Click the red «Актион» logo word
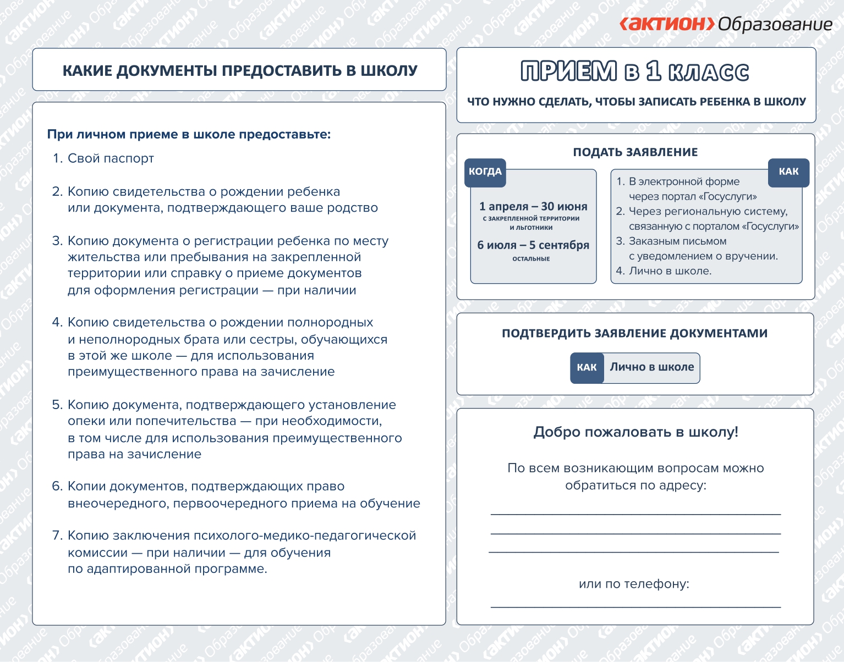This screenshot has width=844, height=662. point(667,24)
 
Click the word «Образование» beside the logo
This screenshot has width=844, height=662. point(775,25)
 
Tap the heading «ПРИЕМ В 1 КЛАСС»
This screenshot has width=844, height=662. point(635,72)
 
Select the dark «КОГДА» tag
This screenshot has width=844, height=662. point(485,172)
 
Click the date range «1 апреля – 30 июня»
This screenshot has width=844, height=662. point(533,207)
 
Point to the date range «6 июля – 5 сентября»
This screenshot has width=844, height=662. point(533,245)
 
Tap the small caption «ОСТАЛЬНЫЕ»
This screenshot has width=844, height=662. point(531,259)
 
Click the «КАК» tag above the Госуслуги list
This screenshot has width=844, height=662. point(788,172)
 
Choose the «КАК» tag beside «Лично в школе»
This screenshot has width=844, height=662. point(587,367)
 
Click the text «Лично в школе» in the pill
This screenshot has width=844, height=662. point(651,367)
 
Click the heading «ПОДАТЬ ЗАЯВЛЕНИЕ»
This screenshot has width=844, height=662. point(635,152)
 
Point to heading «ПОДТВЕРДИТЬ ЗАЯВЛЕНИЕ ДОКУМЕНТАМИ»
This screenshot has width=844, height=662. point(634,333)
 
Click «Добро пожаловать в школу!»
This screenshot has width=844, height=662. point(635,432)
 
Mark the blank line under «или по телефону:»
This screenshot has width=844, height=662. point(635,607)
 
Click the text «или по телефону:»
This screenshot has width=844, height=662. point(634,584)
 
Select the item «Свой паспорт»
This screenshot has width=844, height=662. point(111,159)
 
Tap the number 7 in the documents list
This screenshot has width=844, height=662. point(56,536)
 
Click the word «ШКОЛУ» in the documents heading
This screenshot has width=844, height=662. point(388,71)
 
